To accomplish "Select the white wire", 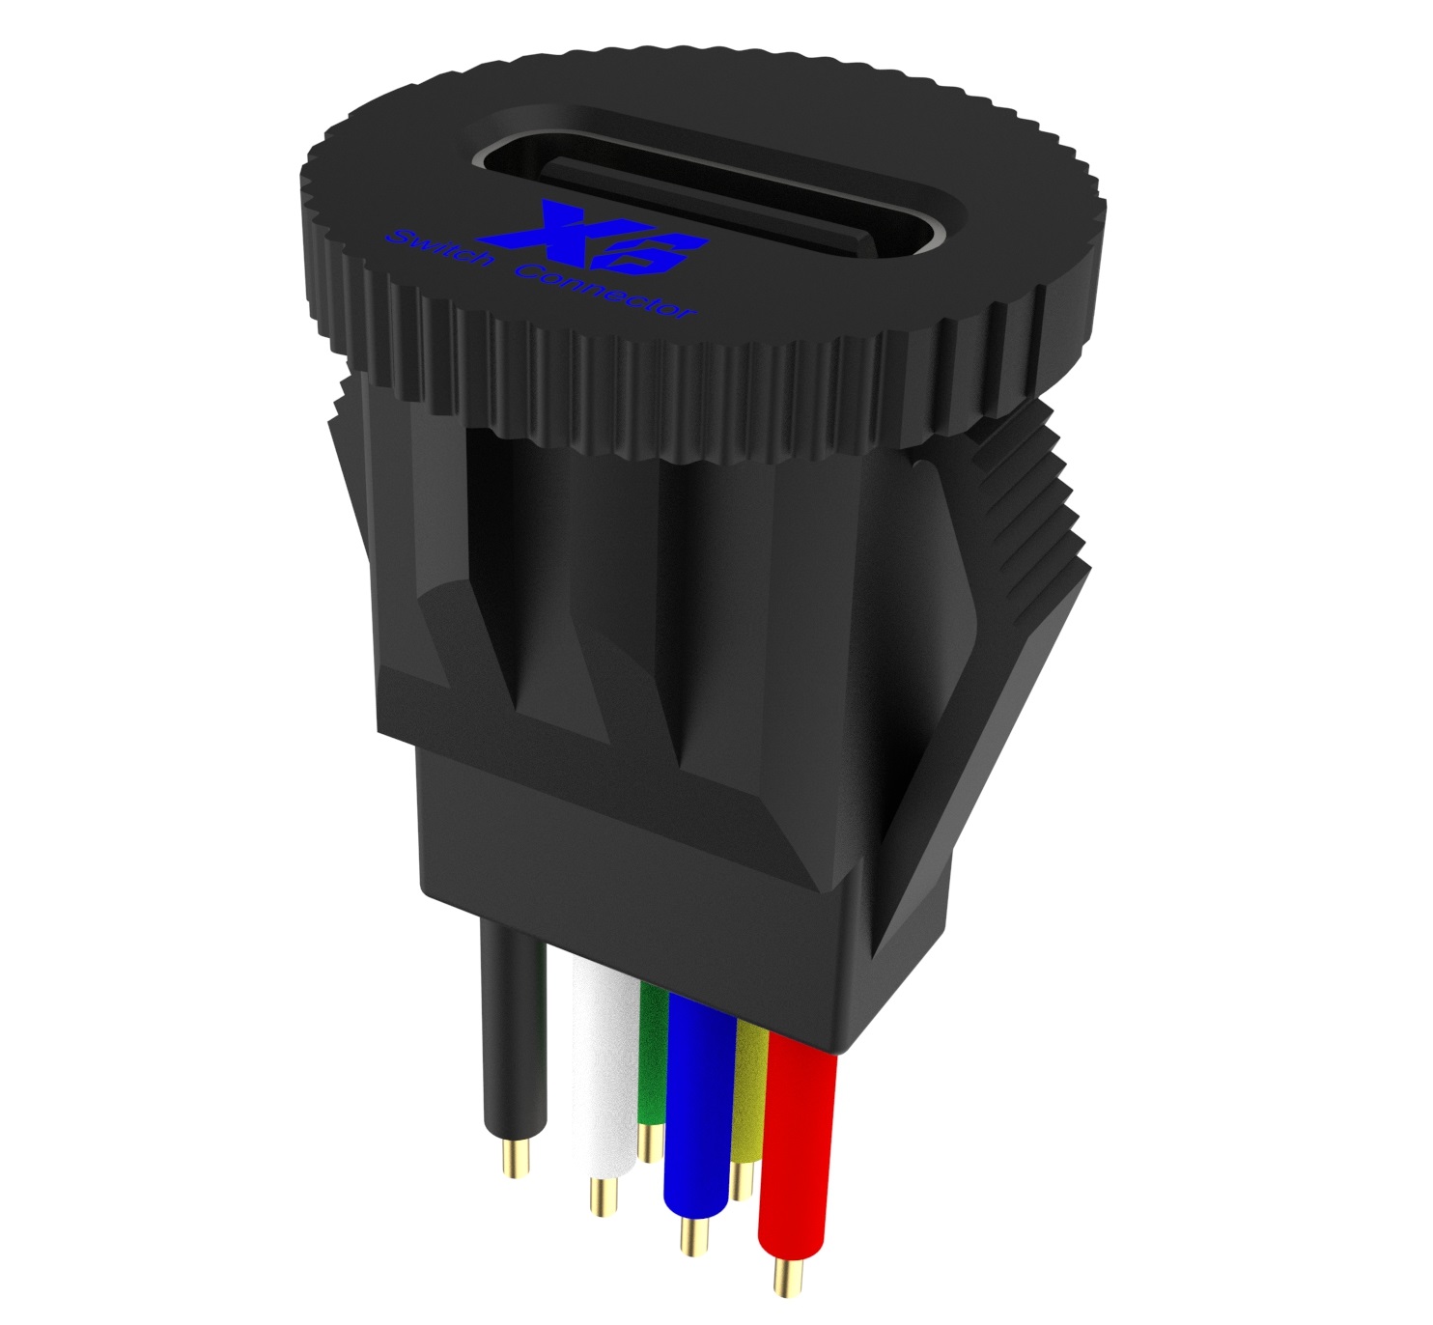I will coord(604,1062).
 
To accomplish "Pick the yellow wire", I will coord(749,1091).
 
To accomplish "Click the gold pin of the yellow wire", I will coord(742,1180).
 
